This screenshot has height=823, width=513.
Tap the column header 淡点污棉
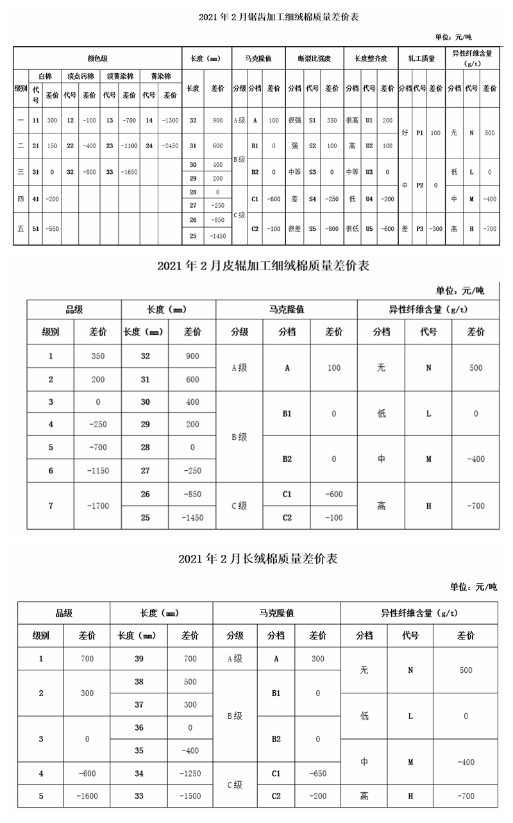[80, 76]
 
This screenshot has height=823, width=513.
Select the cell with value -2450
[170, 146]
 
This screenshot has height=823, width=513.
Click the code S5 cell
[313, 228]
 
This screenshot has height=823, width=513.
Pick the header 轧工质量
[421, 58]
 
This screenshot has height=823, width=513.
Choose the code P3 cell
[419, 228]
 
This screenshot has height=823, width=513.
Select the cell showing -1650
[130, 172]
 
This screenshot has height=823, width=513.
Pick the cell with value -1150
[98, 471]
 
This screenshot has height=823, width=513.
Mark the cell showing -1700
[98, 505]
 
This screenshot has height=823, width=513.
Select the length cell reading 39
[139, 658]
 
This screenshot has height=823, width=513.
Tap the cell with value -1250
[190, 774]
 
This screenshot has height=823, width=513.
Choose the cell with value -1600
[87, 796]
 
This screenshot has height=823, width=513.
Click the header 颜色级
[97, 58]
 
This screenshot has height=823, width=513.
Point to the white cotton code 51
[36, 228]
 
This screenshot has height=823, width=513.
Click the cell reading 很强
[294, 120]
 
